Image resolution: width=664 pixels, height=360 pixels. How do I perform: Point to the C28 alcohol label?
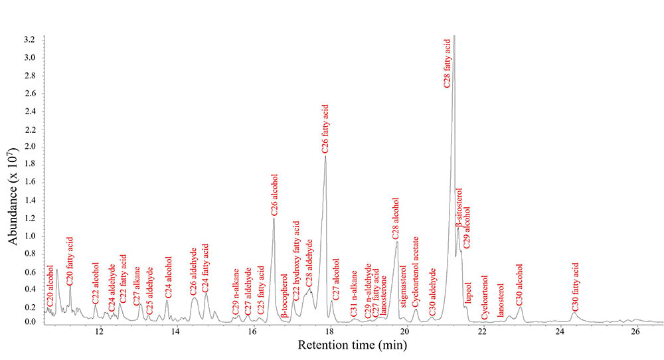click(396, 219)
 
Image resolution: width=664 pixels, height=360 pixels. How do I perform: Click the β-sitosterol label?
click(459, 208)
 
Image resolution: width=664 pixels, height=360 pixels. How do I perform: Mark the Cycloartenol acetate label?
click(416, 272)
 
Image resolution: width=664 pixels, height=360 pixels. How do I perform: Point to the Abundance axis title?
click(13, 180)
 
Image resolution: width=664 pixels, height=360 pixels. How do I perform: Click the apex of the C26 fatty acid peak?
click(325, 155)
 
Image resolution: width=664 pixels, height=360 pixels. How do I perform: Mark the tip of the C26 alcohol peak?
click(274, 217)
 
